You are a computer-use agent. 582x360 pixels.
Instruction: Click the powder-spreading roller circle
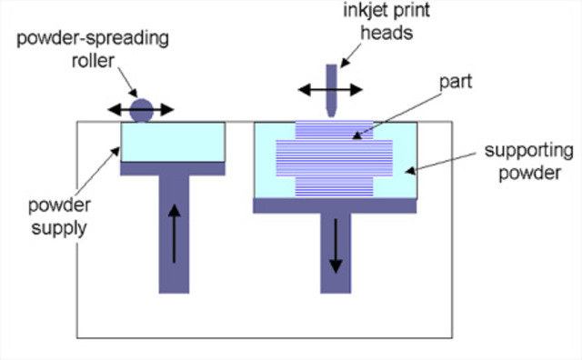click(x=141, y=110)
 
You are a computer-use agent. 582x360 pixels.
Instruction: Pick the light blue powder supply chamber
click(x=173, y=142)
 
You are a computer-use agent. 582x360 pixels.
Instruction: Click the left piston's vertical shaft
click(x=174, y=236)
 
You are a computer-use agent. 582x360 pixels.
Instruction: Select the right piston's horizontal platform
click(x=336, y=205)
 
